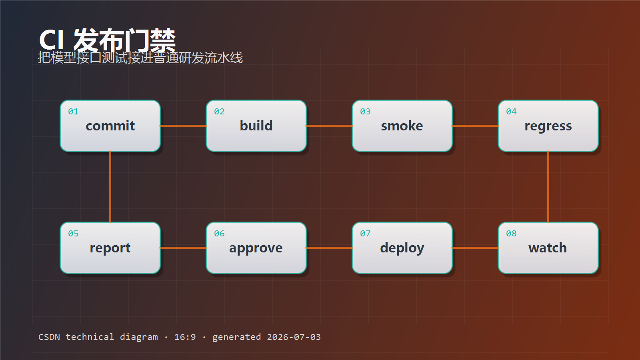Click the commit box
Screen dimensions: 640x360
coord(110,126)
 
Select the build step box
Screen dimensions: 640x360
coord(256,126)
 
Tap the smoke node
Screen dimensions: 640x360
coord(402,126)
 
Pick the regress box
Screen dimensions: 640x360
coord(548,126)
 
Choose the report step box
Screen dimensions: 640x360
coord(110,248)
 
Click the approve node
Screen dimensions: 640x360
coord(256,248)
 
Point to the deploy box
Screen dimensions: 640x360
coord(402,248)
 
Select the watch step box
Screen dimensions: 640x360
coord(548,248)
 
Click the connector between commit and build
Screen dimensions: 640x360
coord(183,126)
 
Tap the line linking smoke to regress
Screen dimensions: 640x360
coord(475,126)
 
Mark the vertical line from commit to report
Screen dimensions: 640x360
coord(110,187)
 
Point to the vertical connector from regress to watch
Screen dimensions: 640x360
coord(548,187)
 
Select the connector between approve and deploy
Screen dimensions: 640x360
coord(329,248)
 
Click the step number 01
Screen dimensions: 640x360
coord(73,112)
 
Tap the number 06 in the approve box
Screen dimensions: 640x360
coord(219,234)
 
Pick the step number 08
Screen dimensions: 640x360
coord(511,234)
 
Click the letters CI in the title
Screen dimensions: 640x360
coord(52,40)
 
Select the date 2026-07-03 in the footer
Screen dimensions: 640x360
coord(294,337)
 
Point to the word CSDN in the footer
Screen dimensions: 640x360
coord(49,337)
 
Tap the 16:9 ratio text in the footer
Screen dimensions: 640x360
coord(185,337)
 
